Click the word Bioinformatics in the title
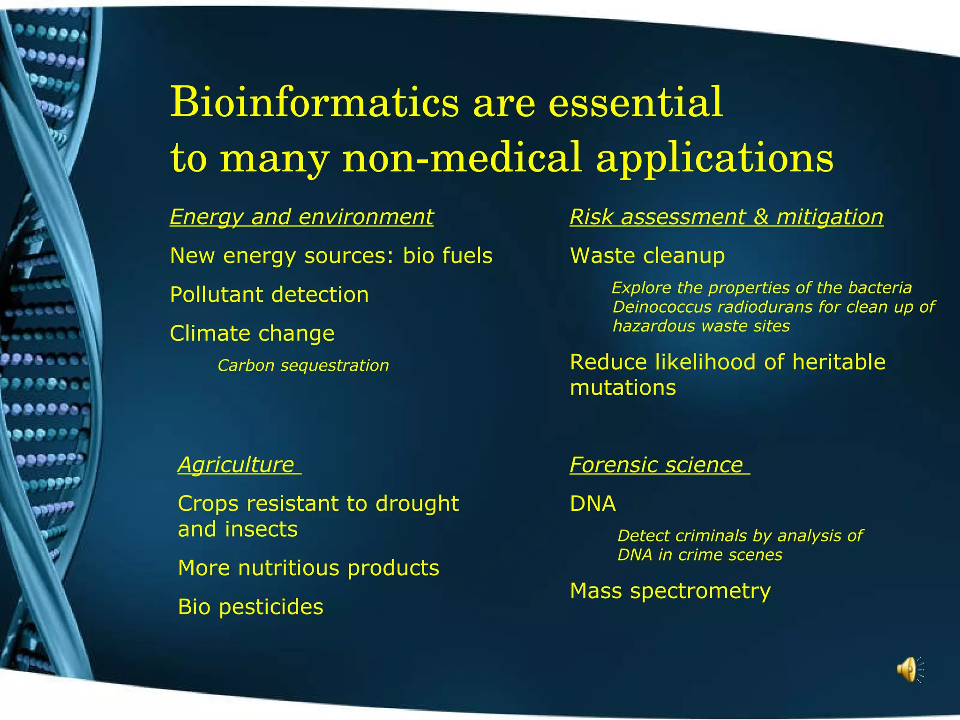tap(315, 102)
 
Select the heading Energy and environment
tap(301, 217)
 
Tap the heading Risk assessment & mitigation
tap(726, 217)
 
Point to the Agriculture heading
tap(236, 465)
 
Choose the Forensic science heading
tap(656, 465)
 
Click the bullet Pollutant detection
tap(269, 295)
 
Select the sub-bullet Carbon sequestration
tap(303, 366)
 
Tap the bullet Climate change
tap(252, 334)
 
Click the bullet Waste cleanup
tap(647, 256)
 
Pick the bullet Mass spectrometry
tap(670, 591)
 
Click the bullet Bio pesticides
tap(250, 607)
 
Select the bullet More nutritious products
tap(308, 568)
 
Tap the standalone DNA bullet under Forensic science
tap(592, 504)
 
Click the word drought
tap(417, 504)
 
